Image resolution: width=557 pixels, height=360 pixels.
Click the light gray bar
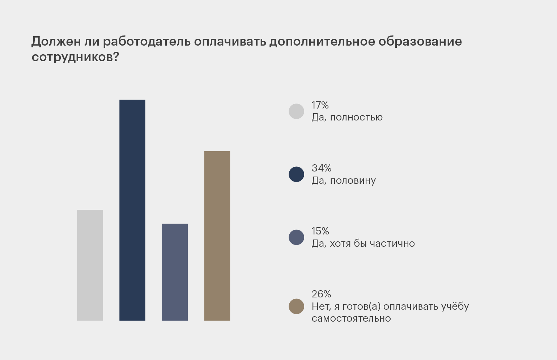90,265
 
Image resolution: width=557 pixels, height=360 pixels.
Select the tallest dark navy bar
132,210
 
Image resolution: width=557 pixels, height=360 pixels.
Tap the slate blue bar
175,272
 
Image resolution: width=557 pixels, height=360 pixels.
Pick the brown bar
217,236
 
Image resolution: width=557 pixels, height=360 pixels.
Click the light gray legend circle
296,111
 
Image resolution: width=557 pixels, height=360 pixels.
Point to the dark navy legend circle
296,174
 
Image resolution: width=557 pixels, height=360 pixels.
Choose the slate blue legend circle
296,237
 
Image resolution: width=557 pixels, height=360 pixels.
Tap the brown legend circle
296,306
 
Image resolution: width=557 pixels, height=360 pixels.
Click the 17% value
320,105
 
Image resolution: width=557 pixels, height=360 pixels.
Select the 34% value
322,168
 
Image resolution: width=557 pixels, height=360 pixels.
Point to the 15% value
320,231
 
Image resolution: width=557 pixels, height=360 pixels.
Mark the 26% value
322,294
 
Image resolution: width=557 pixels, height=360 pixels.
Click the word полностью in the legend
356,118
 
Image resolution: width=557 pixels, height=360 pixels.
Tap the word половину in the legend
353,181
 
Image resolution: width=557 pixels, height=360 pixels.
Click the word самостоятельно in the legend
351,319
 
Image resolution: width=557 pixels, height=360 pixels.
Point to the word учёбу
455,307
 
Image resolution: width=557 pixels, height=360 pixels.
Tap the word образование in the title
420,42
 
